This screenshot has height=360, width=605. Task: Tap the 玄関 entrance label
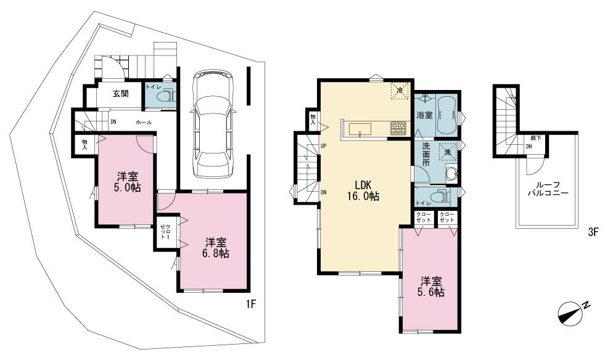pyautogui.click(x=120, y=94)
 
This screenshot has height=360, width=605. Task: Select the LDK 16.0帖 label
pyautogui.click(x=363, y=190)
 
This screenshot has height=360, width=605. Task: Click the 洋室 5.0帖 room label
pyautogui.click(x=128, y=182)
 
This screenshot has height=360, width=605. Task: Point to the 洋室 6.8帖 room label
pyautogui.click(x=216, y=248)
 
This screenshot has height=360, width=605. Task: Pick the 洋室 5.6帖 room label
pyautogui.click(x=431, y=287)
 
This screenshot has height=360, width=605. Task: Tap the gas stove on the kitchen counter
pyautogui.click(x=398, y=128)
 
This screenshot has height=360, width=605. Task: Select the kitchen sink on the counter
pyautogui.click(x=360, y=129)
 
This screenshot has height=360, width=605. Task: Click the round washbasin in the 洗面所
pyautogui.click(x=450, y=174)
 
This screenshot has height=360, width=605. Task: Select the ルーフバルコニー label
pyautogui.click(x=548, y=189)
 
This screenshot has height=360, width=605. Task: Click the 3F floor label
pyautogui.click(x=593, y=232)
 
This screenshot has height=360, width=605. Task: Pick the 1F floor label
pyautogui.click(x=251, y=305)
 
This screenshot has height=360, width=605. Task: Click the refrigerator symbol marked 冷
pyautogui.click(x=400, y=91)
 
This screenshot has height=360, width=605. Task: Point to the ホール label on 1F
pyautogui.click(x=144, y=122)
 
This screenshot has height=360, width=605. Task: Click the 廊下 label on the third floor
pyautogui.click(x=535, y=137)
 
